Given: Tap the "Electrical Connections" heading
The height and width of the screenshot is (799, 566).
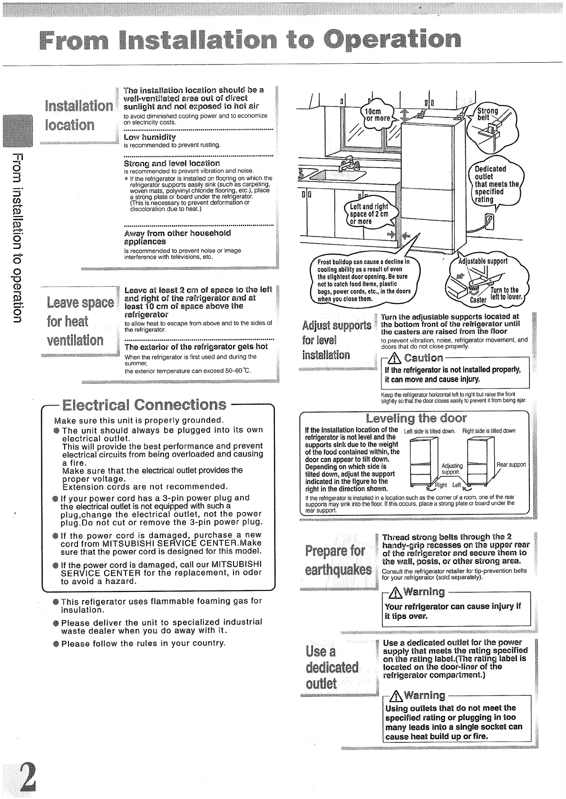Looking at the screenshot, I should click(144, 405).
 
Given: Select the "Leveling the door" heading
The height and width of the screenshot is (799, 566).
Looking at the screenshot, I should click(416, 418).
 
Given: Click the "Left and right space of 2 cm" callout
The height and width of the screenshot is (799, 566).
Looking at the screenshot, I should click(369, 214).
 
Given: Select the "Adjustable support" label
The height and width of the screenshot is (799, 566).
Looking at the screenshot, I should click(483, 261).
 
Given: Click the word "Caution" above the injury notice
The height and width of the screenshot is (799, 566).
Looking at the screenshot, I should click(423, 358).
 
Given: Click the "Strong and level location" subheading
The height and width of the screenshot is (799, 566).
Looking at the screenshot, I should click(172, 163).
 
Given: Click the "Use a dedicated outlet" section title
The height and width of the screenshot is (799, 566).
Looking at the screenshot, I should click(332, 667).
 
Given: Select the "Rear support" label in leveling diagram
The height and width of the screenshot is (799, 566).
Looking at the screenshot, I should click(511, 465).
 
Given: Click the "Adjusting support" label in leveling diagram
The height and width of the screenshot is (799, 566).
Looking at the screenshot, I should click(452, 469).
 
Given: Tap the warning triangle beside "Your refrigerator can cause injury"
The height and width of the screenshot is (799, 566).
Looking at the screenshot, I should click(396, 592).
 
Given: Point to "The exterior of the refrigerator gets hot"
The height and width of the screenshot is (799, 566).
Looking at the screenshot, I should click(196, 347).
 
